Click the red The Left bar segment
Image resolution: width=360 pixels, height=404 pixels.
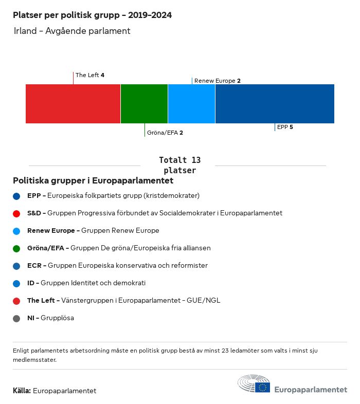pyautogui.click(x=73, y=104)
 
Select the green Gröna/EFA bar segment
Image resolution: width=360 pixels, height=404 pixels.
pyautogui.click(x=144, y=104)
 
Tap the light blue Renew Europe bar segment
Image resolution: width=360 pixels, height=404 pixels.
pyautogui.click(x=191, y=104)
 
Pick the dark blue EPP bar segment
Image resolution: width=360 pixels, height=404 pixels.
pyautogui.click(x=275, y=104)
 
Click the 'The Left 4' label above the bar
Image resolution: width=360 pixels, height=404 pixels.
pyautogui.click(x=90, y=75)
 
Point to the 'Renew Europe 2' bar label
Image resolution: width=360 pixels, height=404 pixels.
pyautogui.click(x=217, y=81)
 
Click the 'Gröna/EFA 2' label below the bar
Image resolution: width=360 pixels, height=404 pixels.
pyautogui.click(x=165, y=133)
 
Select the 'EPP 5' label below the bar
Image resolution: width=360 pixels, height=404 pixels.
pyautogui.click(x=285, y=127)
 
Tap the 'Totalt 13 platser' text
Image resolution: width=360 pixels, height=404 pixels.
pyautogui.click(x=179, y=165)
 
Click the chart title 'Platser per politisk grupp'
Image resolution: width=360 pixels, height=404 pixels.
pyautogui.click(x=93, y=15)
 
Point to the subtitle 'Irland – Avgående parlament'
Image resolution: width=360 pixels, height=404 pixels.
pyautogui.click(x=73, y=31)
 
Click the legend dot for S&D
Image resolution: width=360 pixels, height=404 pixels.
pyautogui.click(x=16, y=213)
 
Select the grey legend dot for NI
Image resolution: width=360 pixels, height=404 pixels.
pyautogui.click(x=16, y=318)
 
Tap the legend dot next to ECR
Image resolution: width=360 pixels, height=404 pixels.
pyautogui.click(x=16, y=266)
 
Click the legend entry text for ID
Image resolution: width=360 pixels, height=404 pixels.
pyautogui.click(x=86, y=283)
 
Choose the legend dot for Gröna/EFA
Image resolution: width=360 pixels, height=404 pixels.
pyautogui.click(x=16, y=248)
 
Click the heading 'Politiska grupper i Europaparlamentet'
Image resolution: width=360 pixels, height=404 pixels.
pyautogui.click(x=93, y=181)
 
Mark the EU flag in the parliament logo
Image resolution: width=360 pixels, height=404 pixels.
pyautogui.click(x=263, y=387)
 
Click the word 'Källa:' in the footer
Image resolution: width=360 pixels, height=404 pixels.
pyautogui.click(x=22, y=391)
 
